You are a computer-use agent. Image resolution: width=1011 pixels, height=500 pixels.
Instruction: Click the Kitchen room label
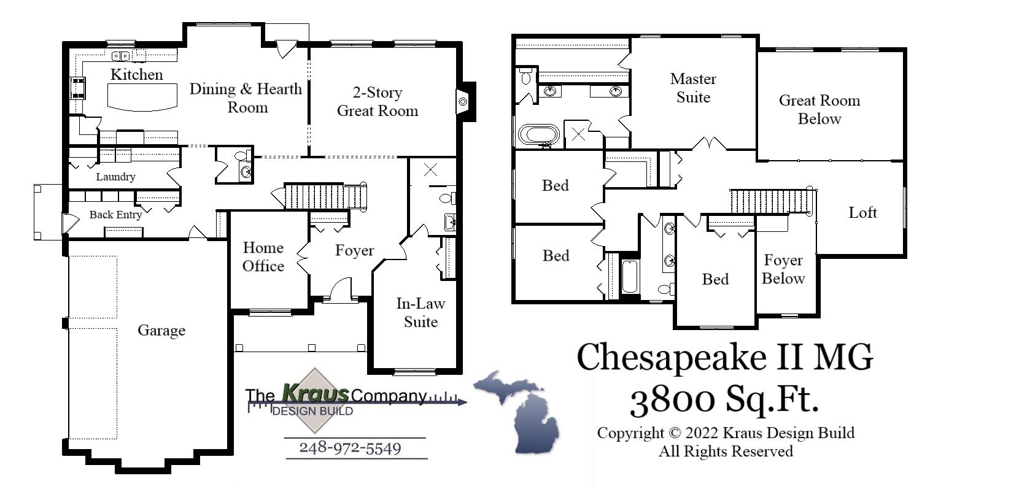point(136,75)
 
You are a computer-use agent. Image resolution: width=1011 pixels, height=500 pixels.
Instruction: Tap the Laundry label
point(115,177)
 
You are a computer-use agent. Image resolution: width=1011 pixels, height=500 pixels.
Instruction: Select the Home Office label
point(263,256)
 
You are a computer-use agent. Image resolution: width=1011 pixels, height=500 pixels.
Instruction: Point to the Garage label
point(161,331)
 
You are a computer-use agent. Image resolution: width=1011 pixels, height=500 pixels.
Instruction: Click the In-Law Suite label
point(420,312)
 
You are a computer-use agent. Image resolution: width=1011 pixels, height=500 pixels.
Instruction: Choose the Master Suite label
point(693,88)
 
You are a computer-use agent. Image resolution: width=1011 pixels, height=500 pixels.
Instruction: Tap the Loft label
point(862,213)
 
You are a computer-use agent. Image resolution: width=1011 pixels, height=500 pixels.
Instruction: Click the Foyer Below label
point(783,269)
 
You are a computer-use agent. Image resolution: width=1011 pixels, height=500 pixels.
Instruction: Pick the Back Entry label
point(115,215)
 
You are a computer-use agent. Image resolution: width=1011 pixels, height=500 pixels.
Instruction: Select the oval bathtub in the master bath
point(539,134)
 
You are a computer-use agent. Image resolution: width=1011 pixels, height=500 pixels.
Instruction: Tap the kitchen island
point(142,97)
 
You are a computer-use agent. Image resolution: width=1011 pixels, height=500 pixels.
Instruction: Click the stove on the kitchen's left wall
point(78,88)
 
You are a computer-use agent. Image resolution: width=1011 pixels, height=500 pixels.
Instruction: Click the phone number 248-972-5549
point(350,448)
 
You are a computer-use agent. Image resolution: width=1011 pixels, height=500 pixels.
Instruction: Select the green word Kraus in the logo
point(316,393)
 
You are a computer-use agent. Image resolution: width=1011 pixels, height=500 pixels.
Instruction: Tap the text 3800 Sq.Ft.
point(724,399)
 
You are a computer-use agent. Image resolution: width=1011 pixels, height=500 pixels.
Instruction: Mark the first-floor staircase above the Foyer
point(325,196)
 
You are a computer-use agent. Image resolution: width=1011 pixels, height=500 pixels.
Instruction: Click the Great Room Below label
point(819,109)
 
